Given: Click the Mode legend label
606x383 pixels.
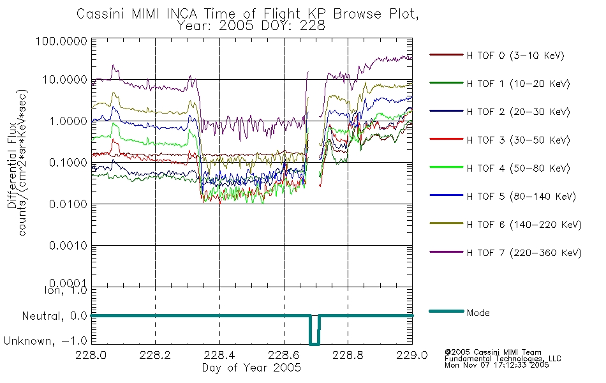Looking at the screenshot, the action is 478,313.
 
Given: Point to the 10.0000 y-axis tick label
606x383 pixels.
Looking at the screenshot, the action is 65,80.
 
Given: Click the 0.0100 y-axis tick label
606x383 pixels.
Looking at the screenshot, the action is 68,204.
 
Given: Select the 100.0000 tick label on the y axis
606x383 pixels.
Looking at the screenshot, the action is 61,41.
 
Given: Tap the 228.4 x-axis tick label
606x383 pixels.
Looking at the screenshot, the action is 219,355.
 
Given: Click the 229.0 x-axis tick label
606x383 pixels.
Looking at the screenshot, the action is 412,355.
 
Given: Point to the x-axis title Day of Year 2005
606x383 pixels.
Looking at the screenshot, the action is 251,368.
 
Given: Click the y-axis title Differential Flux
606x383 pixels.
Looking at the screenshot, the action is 12,165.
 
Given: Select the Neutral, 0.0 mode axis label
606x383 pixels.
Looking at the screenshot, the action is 54,317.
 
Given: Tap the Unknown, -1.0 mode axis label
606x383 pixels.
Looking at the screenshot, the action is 45,342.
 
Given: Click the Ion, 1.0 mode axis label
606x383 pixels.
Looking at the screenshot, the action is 66,290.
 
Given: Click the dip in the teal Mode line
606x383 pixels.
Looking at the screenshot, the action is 314,343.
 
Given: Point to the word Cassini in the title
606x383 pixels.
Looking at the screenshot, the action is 101,14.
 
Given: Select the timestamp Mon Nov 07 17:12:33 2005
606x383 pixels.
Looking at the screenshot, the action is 497,365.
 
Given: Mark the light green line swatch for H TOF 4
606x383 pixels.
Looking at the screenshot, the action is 447,167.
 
